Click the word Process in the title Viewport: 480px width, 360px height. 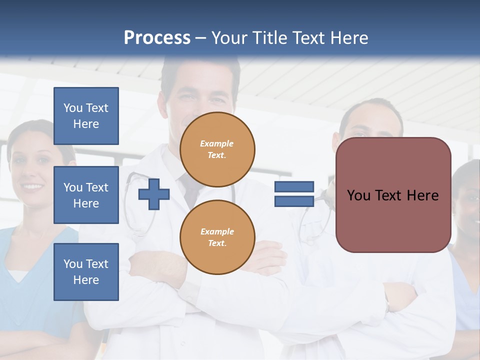click(x=157, y=37)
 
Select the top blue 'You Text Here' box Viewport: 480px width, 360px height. click(x=86, y=116)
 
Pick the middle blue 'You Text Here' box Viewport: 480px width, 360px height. click(x=86, y=195)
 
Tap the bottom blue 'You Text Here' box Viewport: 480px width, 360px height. click(x=86, y=272)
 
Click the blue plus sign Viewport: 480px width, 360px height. click(x=154, y=194)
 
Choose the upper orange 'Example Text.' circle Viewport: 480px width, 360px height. click(x=217, y=149)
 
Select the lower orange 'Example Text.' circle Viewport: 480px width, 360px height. click(x=217, y=237)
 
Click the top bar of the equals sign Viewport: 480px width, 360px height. click(x=294, y=187)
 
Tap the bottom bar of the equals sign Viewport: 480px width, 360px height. click(x=294, y=201)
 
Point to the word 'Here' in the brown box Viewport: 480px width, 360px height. click(x=423, y=195)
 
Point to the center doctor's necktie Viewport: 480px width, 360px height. click(x=190, y=192)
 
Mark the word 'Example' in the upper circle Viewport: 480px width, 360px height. click(x=217, y=143)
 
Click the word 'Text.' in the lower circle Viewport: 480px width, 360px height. click(x=217, y=243)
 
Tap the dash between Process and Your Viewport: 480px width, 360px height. click(x=201, y=38)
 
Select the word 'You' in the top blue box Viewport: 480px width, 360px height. click(x=73, y=108)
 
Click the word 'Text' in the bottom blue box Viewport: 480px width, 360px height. click(x=96, y=264)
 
